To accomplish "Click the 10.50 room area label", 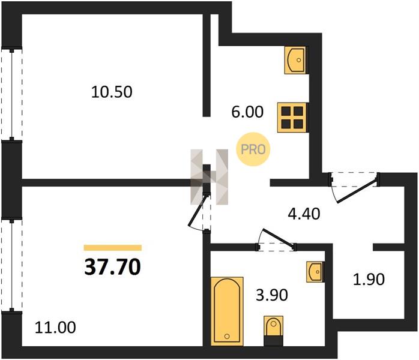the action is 112,92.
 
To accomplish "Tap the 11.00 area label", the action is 55,328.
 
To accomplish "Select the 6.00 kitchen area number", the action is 247,112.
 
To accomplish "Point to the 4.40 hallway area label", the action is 304,214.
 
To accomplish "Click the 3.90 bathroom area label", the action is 272,295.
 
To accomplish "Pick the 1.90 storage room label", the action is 369,280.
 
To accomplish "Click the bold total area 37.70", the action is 112,268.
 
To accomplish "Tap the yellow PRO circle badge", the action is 253,149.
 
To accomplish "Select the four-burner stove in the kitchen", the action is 292,118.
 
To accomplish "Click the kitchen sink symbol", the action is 295,60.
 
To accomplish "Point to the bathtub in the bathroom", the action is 227,311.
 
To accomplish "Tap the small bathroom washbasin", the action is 315,272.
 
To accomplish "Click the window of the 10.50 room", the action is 12,94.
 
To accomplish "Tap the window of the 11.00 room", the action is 12,265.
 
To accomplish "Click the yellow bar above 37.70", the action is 113,248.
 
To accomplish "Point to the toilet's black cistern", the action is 273,341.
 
